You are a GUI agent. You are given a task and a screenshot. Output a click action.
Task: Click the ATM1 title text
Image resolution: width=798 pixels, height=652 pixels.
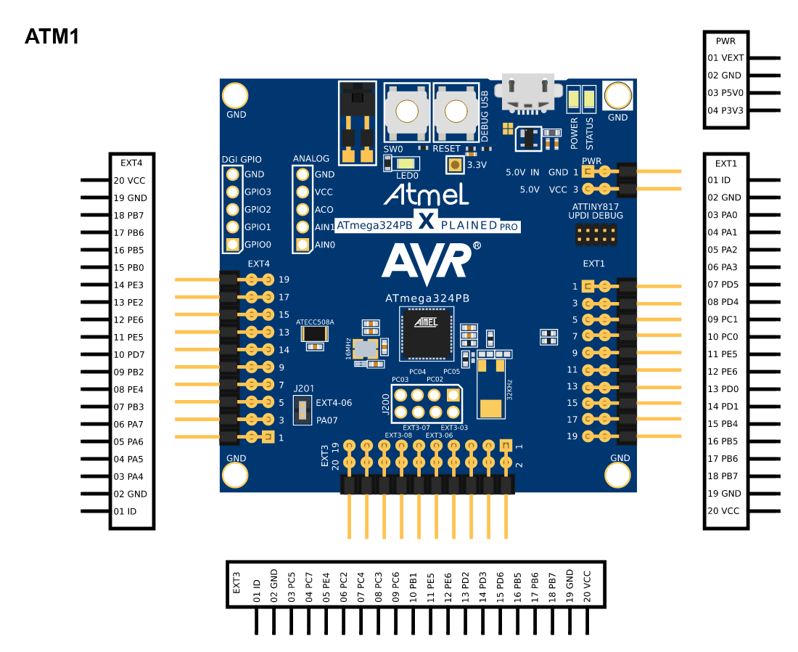(x=52, y=37)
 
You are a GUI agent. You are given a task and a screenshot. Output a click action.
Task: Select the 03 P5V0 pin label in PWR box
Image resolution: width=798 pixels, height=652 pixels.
(x=725, y=93)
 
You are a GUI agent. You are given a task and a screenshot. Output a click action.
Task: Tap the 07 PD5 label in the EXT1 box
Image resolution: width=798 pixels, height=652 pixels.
(x=723, y=284)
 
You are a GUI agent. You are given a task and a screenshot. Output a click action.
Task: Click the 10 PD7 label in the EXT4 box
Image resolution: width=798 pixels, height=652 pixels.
(x=128, y=354)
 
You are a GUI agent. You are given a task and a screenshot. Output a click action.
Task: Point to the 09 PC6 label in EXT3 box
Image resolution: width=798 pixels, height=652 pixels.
(x=395, y=587)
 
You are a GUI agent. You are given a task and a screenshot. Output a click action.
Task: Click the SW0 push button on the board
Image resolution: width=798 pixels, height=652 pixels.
(x=407, y=112)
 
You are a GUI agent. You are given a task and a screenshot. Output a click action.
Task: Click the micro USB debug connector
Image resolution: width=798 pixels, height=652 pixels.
(x=527, y=93)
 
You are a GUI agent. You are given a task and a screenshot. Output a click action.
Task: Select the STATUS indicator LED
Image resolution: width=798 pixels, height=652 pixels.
(x=589, y=99)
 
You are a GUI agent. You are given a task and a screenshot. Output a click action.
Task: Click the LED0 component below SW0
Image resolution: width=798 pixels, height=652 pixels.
(x=406, y=163)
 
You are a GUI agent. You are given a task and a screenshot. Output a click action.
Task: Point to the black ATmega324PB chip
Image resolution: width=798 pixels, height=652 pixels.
(x=427, y=333)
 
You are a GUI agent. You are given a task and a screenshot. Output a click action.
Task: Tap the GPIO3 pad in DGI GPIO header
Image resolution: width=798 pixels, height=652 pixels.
(x=233, y=192)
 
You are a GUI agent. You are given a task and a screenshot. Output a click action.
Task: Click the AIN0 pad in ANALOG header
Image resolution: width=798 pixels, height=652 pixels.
(x=303, y=245)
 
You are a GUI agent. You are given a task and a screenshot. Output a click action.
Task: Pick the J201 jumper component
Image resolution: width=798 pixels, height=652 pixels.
(x=303, y=410)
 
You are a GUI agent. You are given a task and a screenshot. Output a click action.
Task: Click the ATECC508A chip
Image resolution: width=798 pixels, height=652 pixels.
(x=315, y=334)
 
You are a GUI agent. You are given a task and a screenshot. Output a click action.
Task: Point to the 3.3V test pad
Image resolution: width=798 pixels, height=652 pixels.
(x=455, y=165)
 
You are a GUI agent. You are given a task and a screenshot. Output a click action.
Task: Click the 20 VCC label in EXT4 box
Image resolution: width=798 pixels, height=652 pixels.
(x=129, y=180)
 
